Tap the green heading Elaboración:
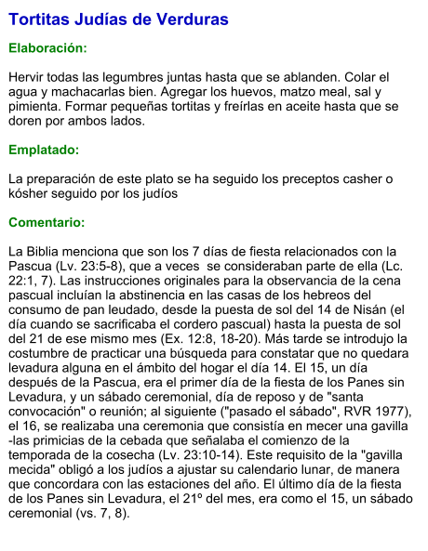pyautogui.click(x=47, y=47)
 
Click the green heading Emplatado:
pyautogui.click(x=44, y=149)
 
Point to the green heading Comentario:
pyautogui.click(x=47, y=223)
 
